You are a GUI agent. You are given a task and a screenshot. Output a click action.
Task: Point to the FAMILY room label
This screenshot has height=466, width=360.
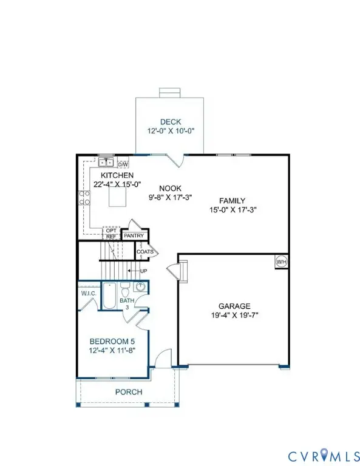pos(232,201)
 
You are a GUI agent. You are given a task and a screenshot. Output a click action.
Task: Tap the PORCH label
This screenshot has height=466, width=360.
pos(129,392)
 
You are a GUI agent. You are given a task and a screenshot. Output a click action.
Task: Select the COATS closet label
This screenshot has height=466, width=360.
pos(144,251)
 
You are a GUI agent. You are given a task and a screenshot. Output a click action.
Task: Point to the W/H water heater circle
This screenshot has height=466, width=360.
pos(281,262)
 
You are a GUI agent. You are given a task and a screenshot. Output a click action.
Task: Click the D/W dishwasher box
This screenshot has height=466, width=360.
pos(123,164)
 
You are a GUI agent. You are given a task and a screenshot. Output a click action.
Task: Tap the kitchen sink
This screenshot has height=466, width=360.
pos(106,162)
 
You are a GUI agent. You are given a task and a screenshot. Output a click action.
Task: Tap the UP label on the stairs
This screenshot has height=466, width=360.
pos(143,271)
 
